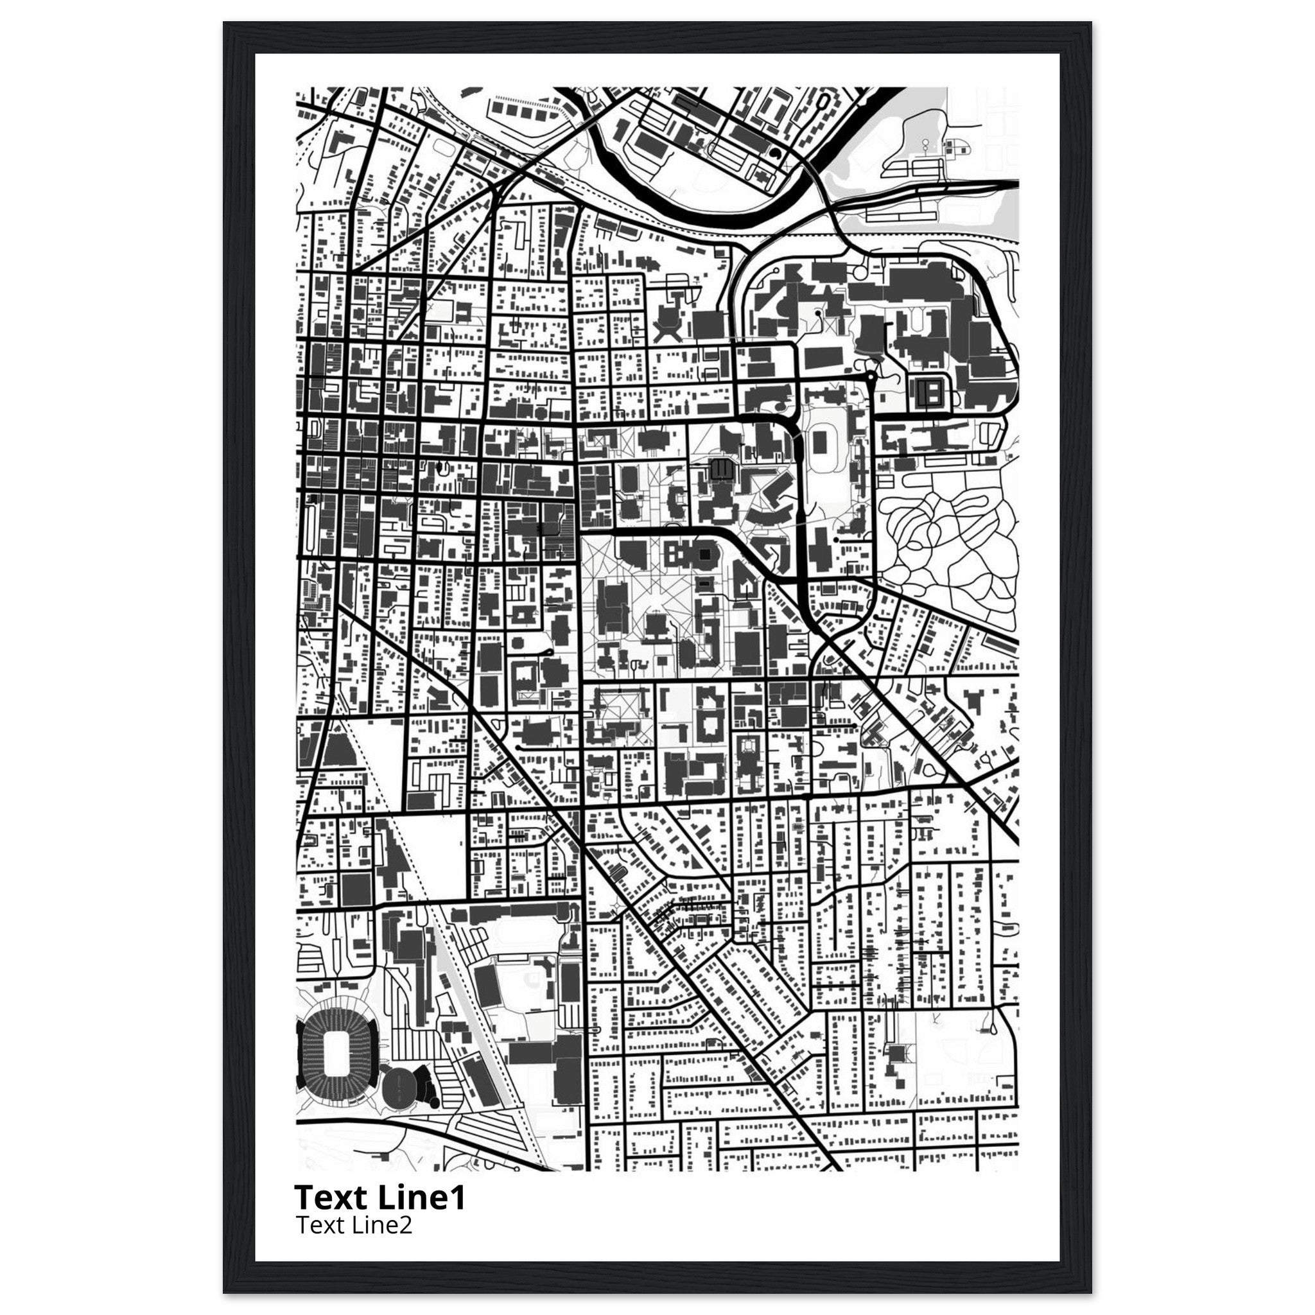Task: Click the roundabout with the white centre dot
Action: coord(871,376)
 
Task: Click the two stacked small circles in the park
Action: coord(925,146)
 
